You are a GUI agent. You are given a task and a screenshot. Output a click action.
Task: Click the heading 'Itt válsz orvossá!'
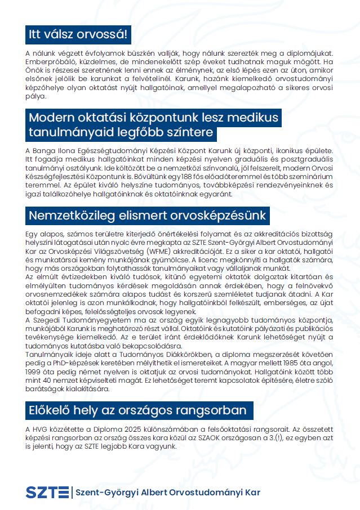[x=78, y=35]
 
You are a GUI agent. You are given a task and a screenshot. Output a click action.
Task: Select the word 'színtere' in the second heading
[x=189, y=133]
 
